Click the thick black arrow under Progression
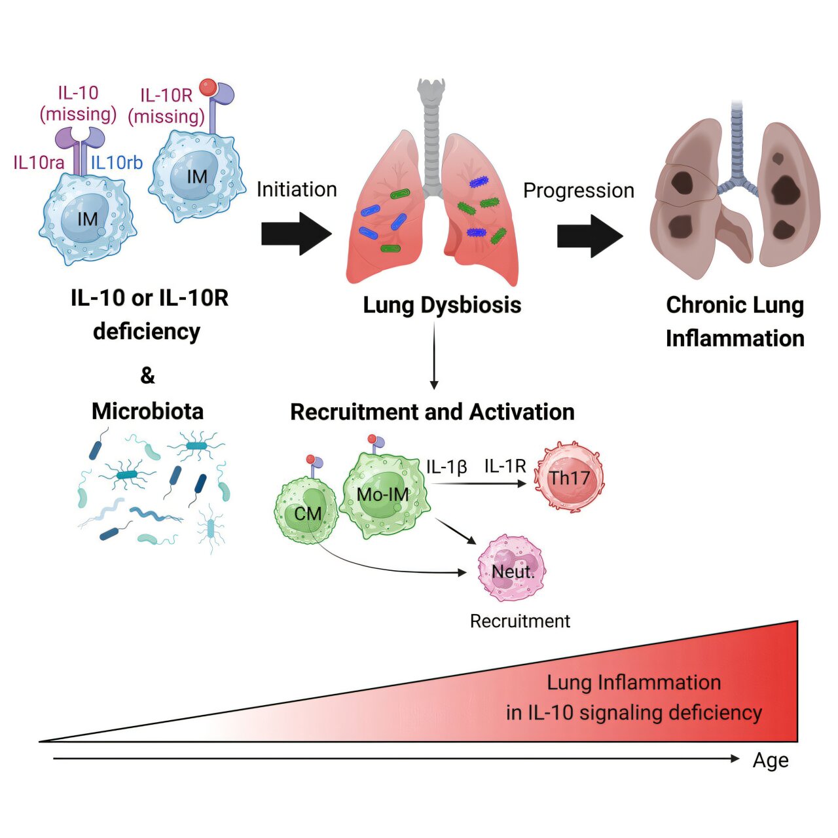click(x=589, y=236)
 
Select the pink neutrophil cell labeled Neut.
click(x=512, y=568)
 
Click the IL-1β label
click(x=446, y=467)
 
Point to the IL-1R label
click(x=505, y=466)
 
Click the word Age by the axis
click(x=771, y=761)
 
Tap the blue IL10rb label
click(x=116, y=162)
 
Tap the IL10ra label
click(x=39, y=162)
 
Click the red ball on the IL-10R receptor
click(x=208, y=86)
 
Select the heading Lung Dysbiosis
click(x=442, y=305)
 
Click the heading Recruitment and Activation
click(x=432, y=412)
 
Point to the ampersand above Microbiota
click(x=148, y=376)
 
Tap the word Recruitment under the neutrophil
click(x=520, y=621)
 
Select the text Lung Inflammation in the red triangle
click(x=633, y=682)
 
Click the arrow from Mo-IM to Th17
click(x=478, y=483)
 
